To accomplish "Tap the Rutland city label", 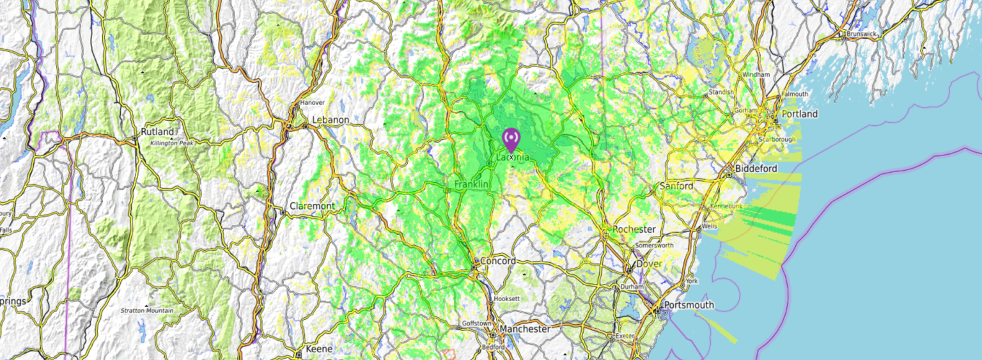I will [157, 132].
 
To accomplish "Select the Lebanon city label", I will [331, 120].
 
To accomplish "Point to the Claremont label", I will [312, 206].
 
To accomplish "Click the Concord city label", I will [497, 261].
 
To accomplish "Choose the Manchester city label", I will [525, 329].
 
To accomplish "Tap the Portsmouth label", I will [689, 305].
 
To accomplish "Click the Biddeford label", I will [756, 168].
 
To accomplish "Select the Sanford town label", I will [676, 186].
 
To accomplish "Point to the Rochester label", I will [634, 229].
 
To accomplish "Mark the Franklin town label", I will [471, 184].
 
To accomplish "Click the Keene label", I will [319, 348].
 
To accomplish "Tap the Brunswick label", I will [864, 33].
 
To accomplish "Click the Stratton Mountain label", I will [147, 311].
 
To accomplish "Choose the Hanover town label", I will [313, 102].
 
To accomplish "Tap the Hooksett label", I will [507, 299].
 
